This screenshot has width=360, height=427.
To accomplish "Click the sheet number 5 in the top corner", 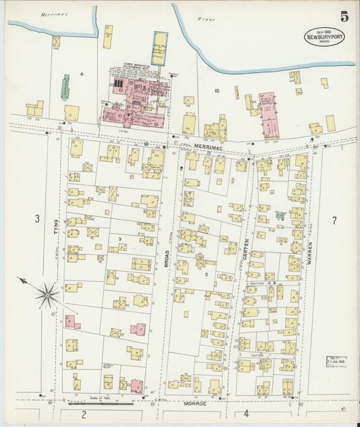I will click(344, 15).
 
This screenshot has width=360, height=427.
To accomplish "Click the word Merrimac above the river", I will click(50, 14).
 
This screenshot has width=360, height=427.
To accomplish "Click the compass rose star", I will click(47, 295).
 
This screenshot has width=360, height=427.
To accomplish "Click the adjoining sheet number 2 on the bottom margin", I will click(84, 413).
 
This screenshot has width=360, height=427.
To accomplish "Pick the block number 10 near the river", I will click(217, 91).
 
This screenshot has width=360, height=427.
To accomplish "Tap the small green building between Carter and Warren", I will click(279, 217).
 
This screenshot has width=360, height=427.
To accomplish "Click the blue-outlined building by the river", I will click(159, 49).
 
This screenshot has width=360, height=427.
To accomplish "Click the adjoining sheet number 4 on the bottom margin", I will click(247, 413).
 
